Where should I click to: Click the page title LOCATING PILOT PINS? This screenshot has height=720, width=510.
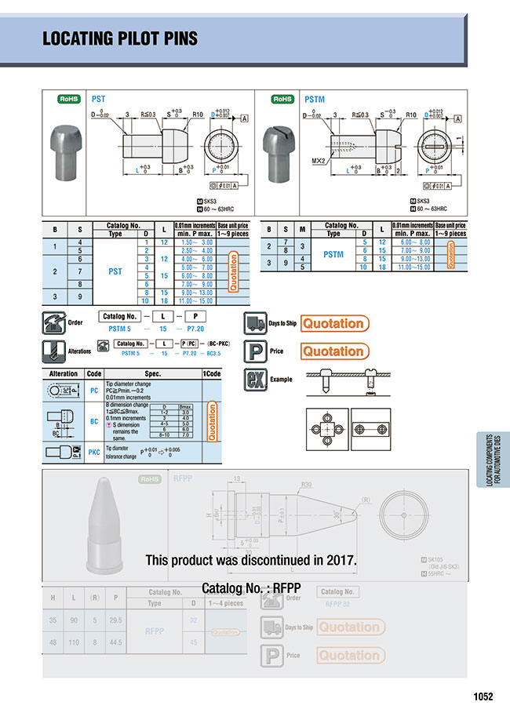click(119, 38)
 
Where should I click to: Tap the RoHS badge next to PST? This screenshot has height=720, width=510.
click(70, 100)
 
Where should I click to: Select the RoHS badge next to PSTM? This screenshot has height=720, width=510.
click(282, 100)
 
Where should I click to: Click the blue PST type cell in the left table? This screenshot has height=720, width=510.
click(115, 271)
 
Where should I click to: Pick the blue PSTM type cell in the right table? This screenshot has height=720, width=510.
click(333, 254)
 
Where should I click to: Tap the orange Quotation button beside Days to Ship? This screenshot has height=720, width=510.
click(333, 323)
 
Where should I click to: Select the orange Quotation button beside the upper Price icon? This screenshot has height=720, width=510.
click(333, 351)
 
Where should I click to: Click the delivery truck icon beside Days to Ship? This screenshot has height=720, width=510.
click(255, 323)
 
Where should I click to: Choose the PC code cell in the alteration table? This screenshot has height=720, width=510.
click(94, 389)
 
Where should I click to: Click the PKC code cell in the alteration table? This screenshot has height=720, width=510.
click(94, 452)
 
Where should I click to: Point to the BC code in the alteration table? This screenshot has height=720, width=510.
click(94, 421)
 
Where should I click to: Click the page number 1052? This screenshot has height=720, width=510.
click(483, 695)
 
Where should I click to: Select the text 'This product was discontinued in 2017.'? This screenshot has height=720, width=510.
click(251, 560)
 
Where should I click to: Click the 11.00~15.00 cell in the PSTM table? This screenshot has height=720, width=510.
click(413, 267)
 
